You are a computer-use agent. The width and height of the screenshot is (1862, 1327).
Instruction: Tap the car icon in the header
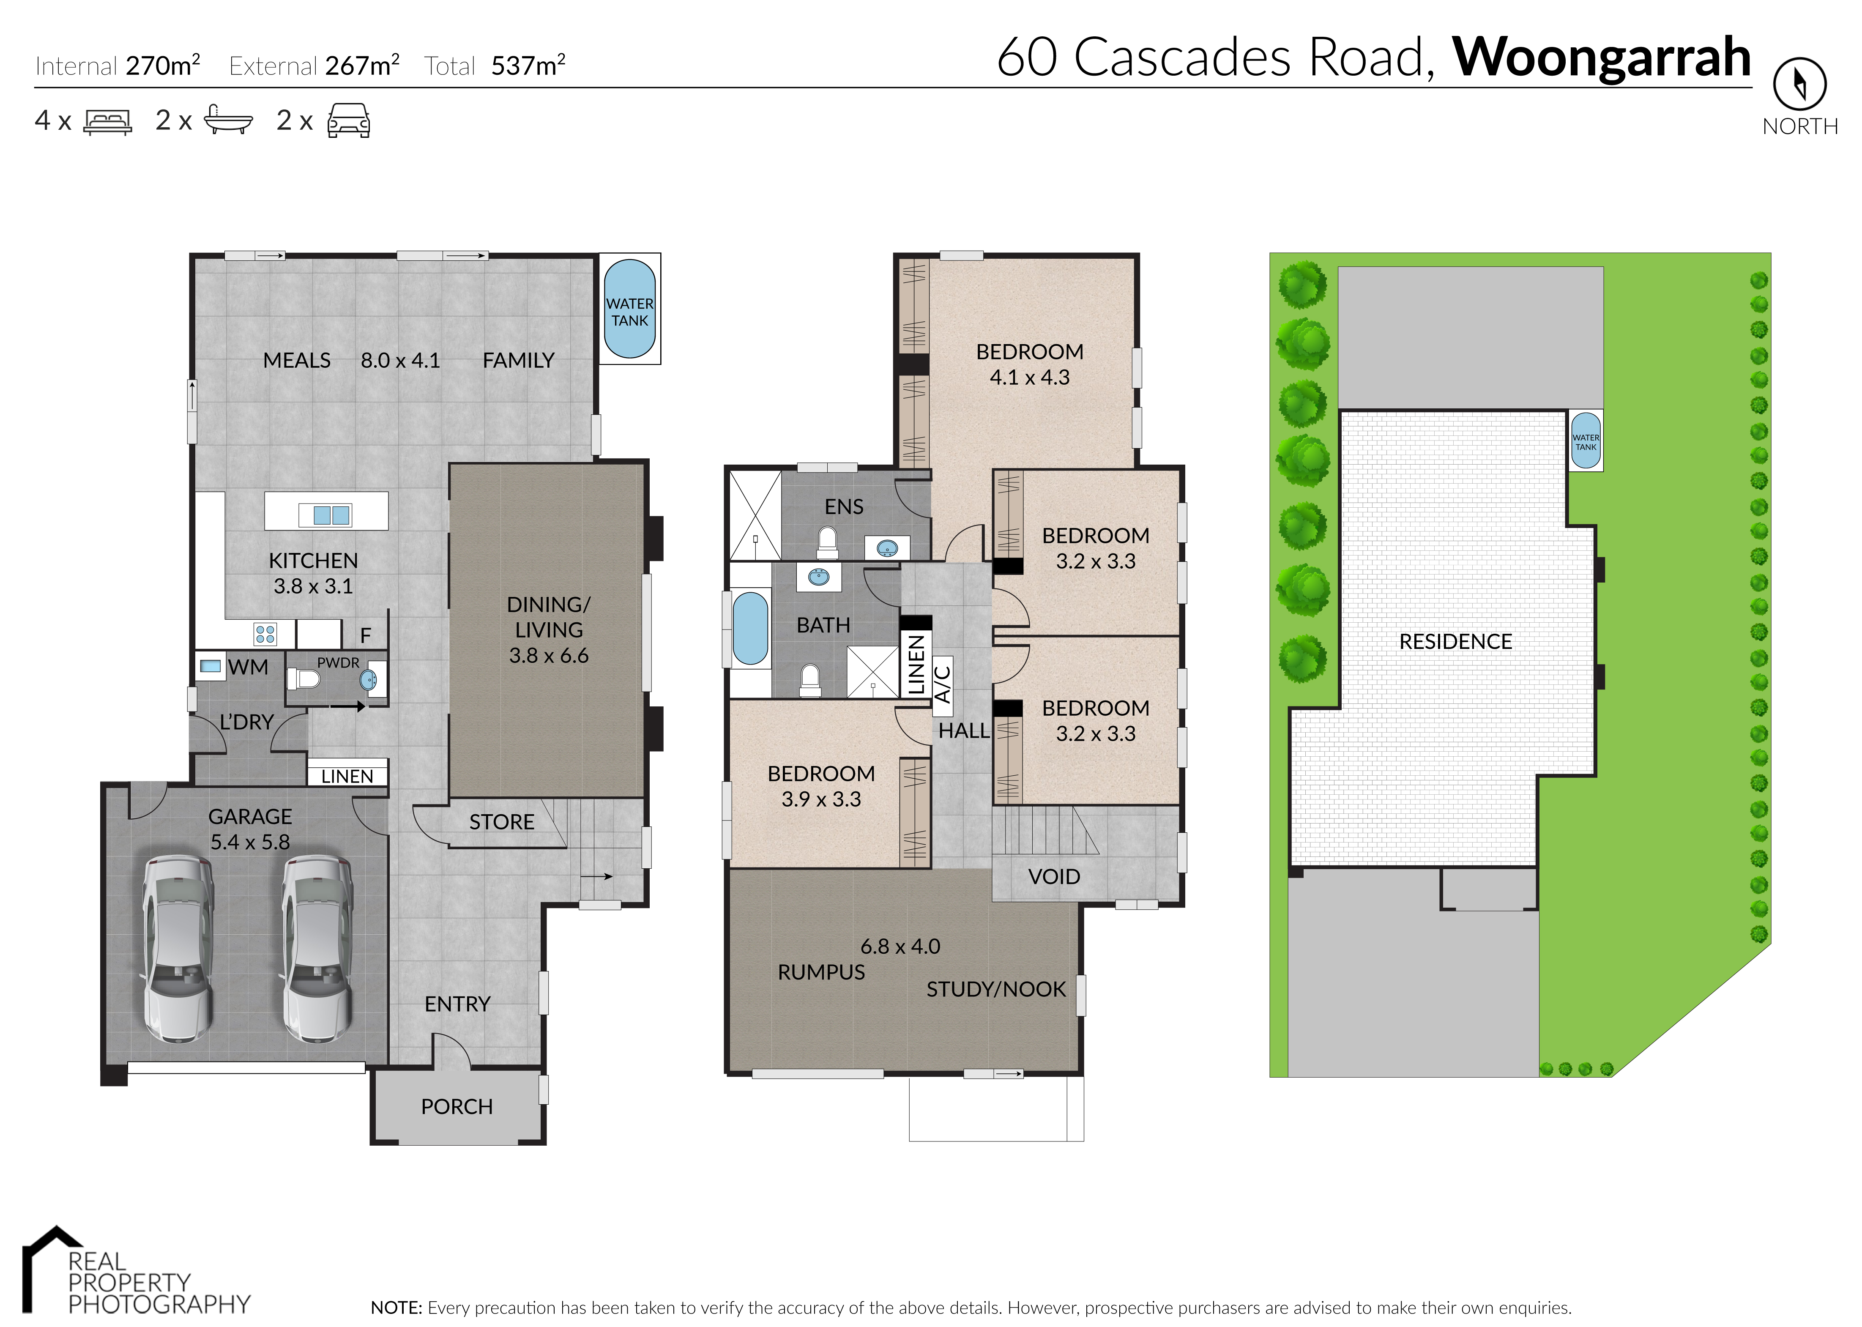click(349, 121)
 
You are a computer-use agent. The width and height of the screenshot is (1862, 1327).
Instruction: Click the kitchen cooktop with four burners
click(265, 634)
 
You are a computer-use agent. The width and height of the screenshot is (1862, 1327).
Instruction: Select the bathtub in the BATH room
click(750, 627)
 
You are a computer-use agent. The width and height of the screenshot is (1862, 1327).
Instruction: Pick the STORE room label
click(502, 822)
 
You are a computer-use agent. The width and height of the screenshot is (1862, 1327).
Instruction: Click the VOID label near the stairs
click(1054, 877)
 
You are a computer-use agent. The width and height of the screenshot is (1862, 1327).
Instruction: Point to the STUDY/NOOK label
click(996, 990)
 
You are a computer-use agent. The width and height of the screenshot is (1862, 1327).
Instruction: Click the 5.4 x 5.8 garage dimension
click(250, 843)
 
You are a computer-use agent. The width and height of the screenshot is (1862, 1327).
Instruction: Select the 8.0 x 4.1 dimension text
click(400, 360)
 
